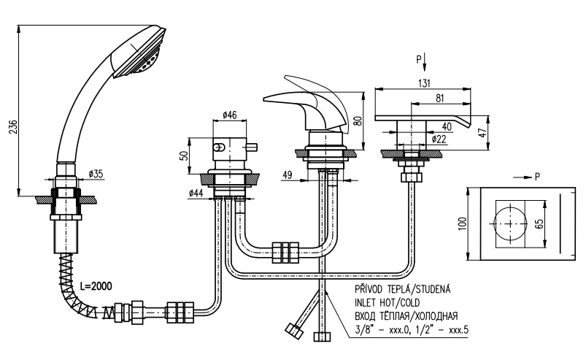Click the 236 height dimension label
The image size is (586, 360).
pos(13,128)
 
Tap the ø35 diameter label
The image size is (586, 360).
pos(96,174)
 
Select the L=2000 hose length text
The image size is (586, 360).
pos(96,286)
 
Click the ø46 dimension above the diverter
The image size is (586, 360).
pos(229,115)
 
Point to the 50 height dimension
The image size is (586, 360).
pos(183,156)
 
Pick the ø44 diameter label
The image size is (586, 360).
pos(196,193)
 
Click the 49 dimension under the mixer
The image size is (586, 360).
pos(287,175)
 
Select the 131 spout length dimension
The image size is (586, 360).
pos(424,83)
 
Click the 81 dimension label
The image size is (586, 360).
pos(440,98)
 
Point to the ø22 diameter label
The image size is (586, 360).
pos(439,139)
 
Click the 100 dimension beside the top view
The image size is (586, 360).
pos(462,223)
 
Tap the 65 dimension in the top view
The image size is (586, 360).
pos(539,224)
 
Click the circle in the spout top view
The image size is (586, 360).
pos(511,207)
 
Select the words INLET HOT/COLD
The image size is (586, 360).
pos(388,302)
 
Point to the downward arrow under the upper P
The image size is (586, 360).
pos(425,62)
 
